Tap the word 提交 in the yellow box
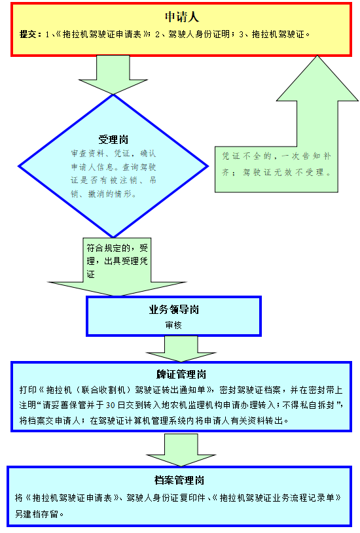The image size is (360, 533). (28, 34)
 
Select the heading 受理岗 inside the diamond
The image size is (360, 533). (113, 139)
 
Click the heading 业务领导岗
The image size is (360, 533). (174, 310)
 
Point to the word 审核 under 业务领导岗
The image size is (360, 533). (173, 325)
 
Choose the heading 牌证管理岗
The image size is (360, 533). (181, 374)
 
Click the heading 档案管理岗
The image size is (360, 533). (179, 480)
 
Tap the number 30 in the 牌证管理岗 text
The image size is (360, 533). (110, 405)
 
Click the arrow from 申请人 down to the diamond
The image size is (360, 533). (113, 75)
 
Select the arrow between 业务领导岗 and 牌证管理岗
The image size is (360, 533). (181, 349)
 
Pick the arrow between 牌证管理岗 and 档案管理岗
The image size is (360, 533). (181, 449)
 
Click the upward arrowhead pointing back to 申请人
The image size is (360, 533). (317, 79)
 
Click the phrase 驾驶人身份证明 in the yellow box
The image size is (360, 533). (199, 34)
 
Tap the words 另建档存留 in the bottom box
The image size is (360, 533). (37, 513)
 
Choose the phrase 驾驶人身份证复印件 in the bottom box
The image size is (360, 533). (166, 498)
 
